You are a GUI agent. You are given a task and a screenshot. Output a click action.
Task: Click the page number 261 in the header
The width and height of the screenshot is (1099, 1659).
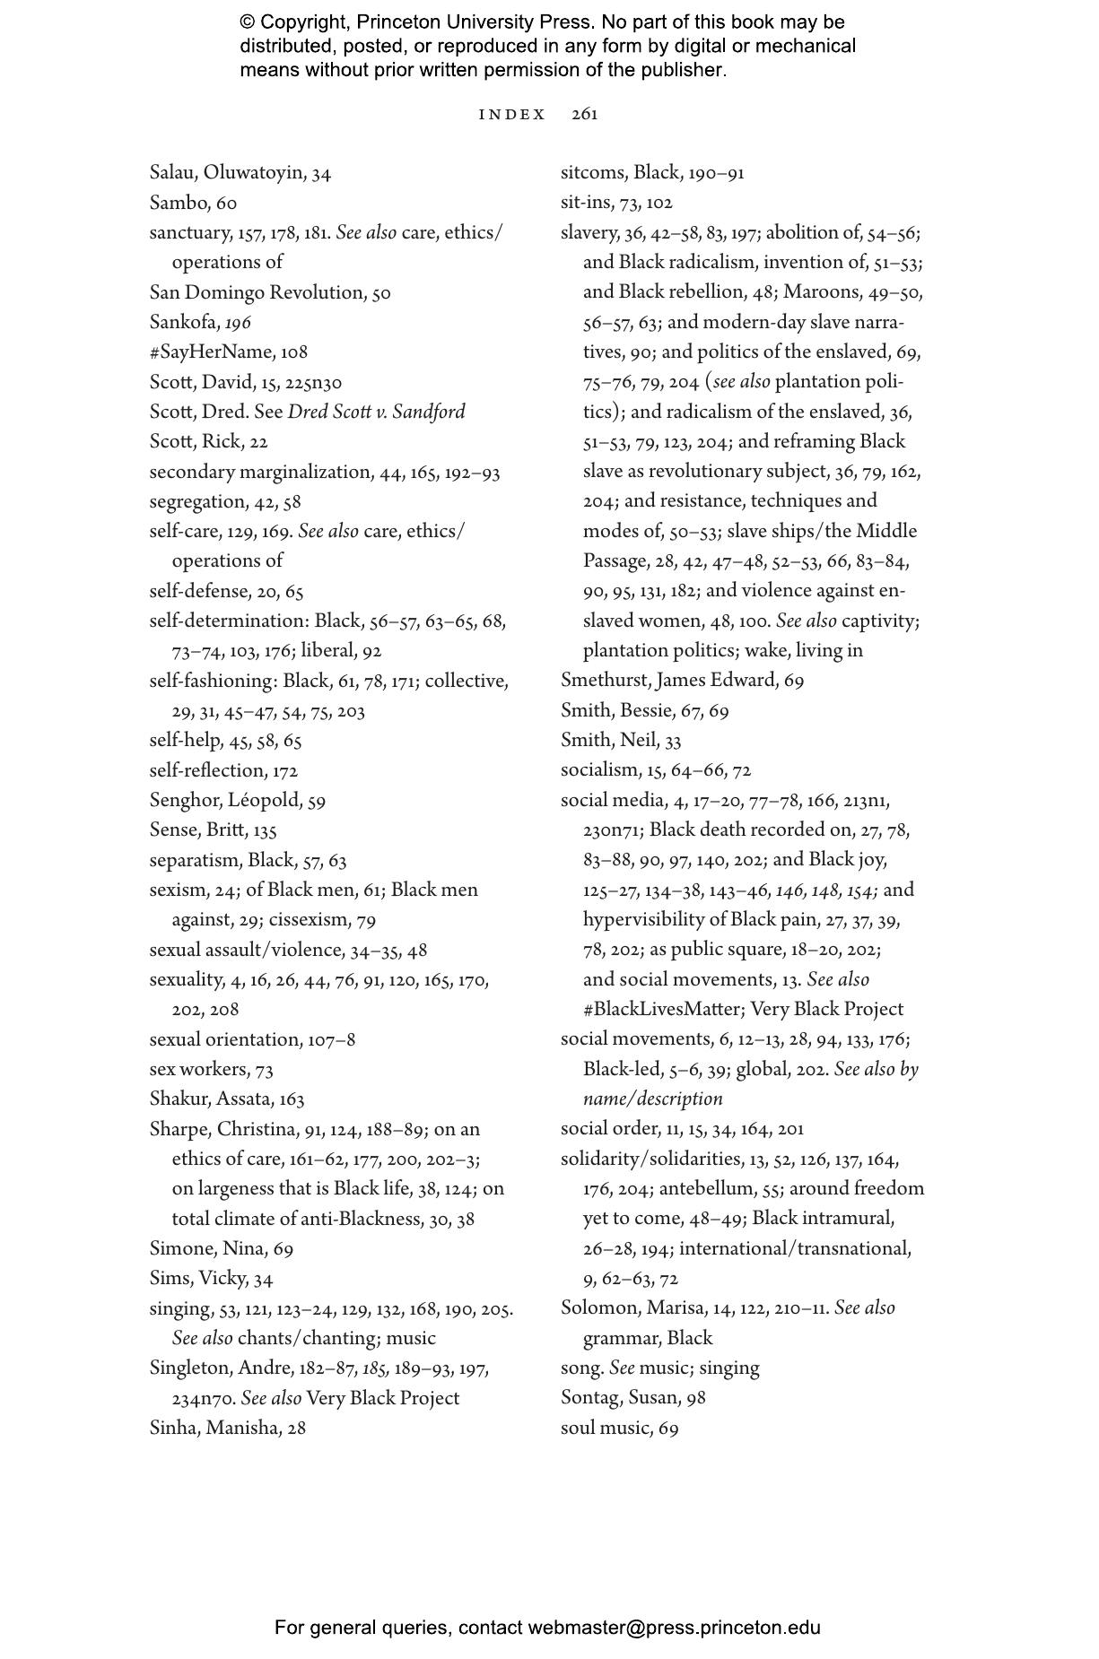click(x=584, y=114)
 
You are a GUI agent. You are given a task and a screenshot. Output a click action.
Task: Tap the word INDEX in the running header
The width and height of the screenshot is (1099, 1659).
click(x=512, y=114)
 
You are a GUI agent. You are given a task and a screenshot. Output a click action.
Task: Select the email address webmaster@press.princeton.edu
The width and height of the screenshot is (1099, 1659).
click(x=674, y=1628)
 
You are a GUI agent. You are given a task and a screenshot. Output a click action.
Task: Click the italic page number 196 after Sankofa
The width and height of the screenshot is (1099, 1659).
click(x=238, y=323)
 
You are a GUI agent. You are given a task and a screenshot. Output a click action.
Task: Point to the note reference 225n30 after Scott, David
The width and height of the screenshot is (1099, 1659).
click(x=313, y=383)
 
